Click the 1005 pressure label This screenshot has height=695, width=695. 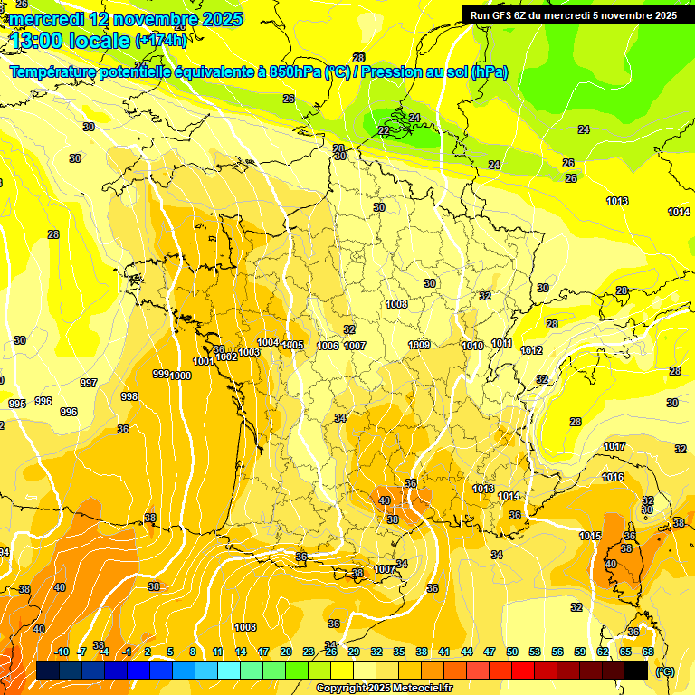click(292, 345)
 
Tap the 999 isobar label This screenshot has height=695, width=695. click(160, 374)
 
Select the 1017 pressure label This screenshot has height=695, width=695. click(614, 446)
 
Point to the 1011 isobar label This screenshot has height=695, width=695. click(502, 344)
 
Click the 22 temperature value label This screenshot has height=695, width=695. click(384, 131)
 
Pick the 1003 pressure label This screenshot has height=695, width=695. click(250, 353)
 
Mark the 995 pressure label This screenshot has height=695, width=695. click(17, 404)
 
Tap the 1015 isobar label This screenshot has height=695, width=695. click(590, 537)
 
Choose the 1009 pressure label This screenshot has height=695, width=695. click(419, 345)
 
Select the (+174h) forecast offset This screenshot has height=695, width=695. click(161, 41)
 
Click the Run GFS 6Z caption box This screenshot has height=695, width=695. click(574, 15)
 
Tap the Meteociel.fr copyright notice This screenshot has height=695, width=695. click(385, 689)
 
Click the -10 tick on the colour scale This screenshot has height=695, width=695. click(62, 652)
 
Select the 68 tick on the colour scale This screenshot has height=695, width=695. click(648, 652)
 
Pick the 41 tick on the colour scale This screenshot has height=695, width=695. click(444, 652)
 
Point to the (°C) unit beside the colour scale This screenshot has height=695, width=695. click(665, 671)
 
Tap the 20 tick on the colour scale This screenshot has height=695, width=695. click(286, 652)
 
